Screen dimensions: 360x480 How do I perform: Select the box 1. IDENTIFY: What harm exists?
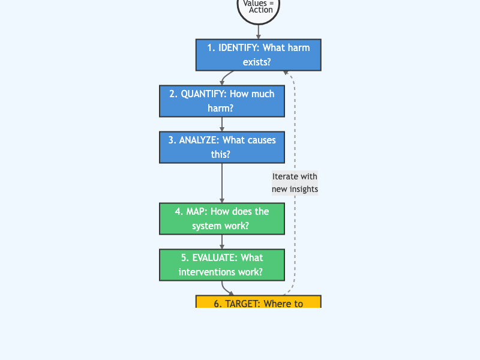258,55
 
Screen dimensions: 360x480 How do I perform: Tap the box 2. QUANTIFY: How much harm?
222,101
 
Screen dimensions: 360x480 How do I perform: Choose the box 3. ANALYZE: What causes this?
222,147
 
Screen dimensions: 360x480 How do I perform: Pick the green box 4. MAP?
222,218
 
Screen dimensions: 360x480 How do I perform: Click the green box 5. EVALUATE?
222,265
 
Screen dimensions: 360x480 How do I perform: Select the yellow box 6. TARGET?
258,302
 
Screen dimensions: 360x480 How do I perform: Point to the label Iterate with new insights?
295,182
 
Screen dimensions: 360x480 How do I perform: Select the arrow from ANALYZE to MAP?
222,183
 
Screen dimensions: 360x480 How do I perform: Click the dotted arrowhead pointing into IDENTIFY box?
286,73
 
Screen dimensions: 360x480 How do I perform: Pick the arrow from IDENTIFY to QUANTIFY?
226,78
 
